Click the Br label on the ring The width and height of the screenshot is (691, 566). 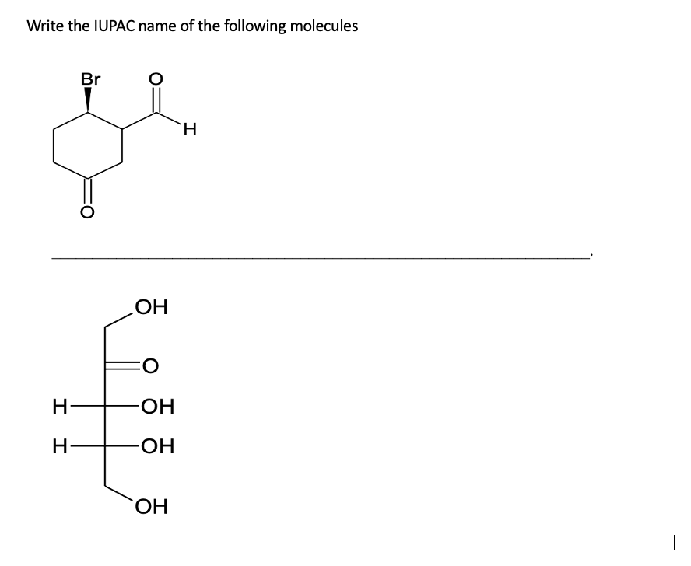click(x=90, y=79)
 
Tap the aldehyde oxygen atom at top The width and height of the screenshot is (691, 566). click(x=156, y=79)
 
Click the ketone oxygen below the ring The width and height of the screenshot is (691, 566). click(x=87, y=210)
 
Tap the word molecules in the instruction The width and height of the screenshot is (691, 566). click(x=324, y=26)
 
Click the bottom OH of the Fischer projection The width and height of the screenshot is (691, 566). click(x=149, y=510)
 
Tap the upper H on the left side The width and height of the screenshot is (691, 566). click(x=58, y=406)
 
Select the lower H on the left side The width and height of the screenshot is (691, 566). click(x=58, y=447)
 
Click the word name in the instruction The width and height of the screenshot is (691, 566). click(x=165, y=26)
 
